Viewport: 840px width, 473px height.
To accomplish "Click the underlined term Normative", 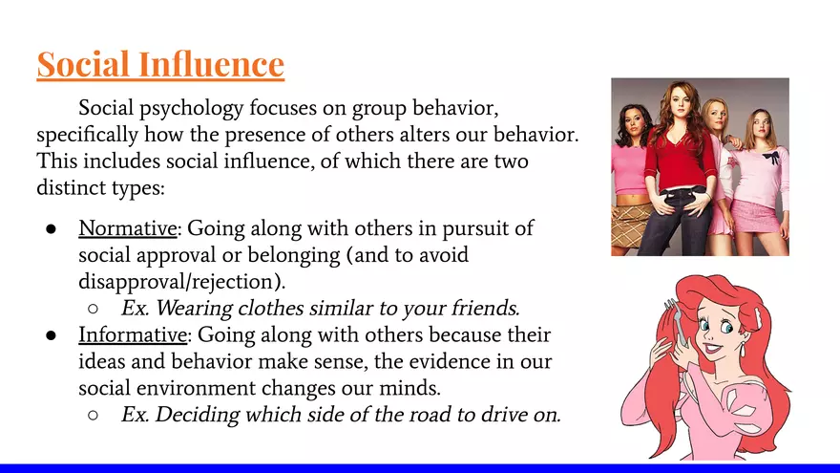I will coord(132,229).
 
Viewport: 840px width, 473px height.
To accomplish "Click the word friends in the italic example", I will coord(483,309).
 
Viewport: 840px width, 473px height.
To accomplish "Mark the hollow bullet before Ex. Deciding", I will coord(93,416).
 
